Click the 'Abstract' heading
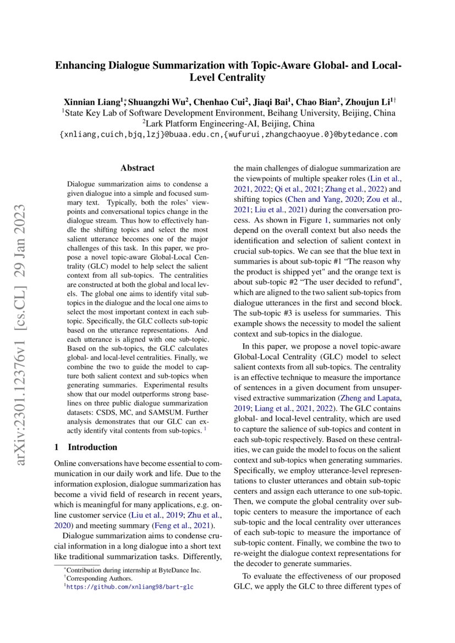[x=138, y=168]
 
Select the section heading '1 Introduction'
[x=86, y=447]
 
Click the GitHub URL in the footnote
[x=129, y=586]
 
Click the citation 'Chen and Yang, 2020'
[x=306, y=199]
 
